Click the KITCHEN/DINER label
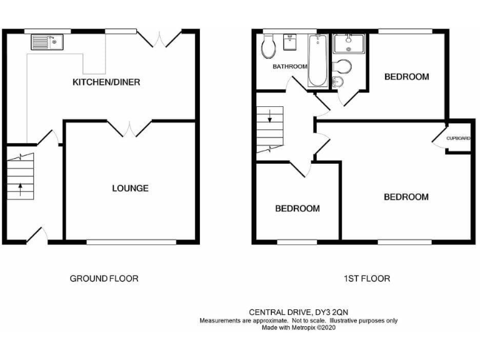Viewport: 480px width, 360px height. (x=106, y=82)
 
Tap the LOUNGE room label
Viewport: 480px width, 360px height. (x=130, y=187)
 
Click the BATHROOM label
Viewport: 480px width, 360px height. (x=289, y=66)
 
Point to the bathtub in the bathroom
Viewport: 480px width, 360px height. (x=317, y=61)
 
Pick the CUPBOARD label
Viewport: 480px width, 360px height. (x=458, y=138)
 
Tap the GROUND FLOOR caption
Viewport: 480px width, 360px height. (x=104, y=278)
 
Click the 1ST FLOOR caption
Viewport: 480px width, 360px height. (x=367, y=278)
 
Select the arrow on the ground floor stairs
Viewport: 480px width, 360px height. (x=19, y=187)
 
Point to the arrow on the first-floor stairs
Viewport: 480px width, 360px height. (x=269, y=116)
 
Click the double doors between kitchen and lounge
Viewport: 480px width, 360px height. (x=129, y=129)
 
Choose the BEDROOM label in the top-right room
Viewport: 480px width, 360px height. (x=406, y=77)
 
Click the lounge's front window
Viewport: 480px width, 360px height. (x=131, y=242)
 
